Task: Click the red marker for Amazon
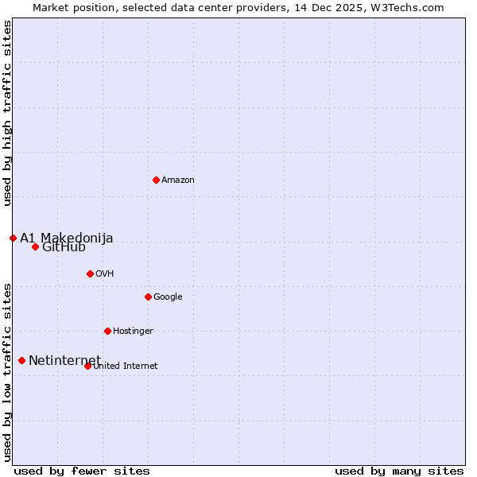click(x=156, y=180)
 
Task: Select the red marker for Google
click(x=148, y=297)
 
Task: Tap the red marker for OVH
click(x=90, y=273)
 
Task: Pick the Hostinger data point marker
click(x=107, y=331)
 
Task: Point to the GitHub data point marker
click(x=35, y=246)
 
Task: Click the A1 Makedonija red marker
click(x=13, y=238)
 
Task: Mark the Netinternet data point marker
click(x=21, y=360)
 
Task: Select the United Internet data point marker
click(x=87, y=366)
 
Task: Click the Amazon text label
click(x=178, y=180)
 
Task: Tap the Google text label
click(x=168, y=297)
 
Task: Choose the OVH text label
click(x=105, y=274)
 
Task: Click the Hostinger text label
click(x=133, y=332)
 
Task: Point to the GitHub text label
click(x=64, y=247)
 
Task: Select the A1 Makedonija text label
click(x=67, y=238)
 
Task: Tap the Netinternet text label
click(x=64, y=361)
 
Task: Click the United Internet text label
click(x=126, y=366)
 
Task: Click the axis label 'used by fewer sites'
click(x=82, y=471)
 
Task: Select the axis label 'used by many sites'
click(x=399, y=471)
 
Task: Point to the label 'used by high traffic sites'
click(x=7, y=114)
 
